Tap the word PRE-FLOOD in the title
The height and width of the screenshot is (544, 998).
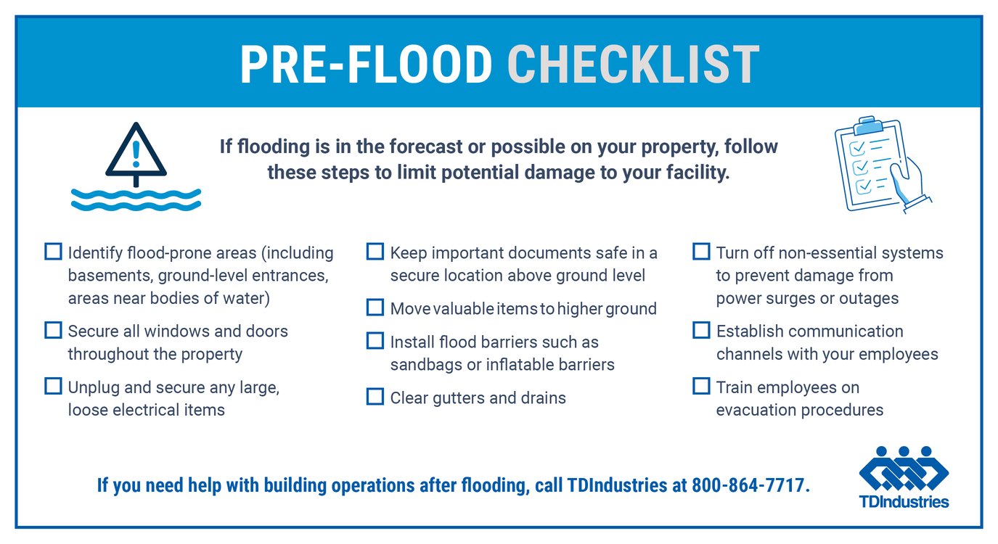367,65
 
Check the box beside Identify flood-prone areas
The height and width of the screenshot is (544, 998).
53,252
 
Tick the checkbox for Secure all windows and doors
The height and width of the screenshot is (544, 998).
53,330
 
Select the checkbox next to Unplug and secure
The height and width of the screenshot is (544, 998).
53,386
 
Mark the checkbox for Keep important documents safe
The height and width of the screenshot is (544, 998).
375,252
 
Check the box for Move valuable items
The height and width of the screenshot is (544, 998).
375,308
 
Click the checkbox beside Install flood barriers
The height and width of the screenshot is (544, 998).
375,341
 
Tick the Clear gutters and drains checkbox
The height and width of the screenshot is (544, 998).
375,397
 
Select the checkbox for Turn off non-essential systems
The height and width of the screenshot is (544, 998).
700,252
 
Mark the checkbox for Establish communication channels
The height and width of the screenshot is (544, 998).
700,330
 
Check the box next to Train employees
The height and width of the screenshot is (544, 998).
700,386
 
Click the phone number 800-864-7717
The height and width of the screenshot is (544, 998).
750,485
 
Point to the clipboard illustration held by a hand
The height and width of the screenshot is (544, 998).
880,164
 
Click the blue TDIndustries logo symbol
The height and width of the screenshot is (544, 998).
904,468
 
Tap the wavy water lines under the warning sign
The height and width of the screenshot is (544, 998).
136,199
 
